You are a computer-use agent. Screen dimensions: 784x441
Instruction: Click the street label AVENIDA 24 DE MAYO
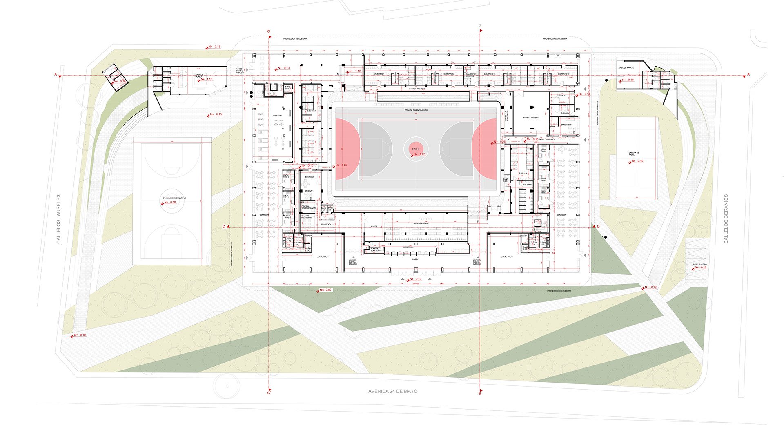(393, 391)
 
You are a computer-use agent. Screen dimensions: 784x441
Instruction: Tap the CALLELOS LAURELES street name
(58, 219)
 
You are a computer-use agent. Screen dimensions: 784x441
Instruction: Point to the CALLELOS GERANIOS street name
(726, 219)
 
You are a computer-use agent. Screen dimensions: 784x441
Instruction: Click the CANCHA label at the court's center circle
(415, 149)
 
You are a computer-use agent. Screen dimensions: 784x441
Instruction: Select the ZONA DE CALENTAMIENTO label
(416, 110)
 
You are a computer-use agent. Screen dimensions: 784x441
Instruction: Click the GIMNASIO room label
(277, 116)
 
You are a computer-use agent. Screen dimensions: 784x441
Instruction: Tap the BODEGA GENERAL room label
(531, 118)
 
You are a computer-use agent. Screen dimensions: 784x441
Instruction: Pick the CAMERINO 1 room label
(379, 74)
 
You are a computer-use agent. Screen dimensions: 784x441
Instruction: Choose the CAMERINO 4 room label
(563, 74)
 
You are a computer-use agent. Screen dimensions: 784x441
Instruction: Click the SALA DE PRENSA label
(421, 223)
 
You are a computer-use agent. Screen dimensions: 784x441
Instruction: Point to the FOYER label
(374, 226)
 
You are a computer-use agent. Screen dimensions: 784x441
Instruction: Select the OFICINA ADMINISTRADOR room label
(309, 207)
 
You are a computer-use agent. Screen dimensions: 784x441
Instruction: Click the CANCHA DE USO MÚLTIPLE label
(174, 198)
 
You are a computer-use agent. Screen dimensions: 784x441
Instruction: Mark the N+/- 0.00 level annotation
(325, 290)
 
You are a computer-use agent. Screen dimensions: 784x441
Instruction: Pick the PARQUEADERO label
(699, 265)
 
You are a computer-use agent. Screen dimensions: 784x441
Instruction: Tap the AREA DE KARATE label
(626, 68)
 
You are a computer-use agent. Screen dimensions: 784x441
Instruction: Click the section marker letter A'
(749, 75)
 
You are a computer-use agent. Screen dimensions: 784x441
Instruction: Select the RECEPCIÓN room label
(326, 224)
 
